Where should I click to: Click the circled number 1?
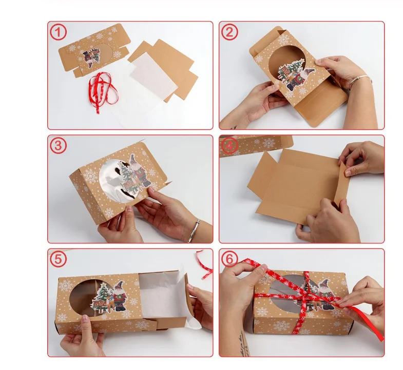click(59, 32)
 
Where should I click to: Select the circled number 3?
click(59, 146)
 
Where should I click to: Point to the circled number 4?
click(229, 146)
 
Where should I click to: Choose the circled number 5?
click(59, 260)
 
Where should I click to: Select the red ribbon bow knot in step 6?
click(308, 295)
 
